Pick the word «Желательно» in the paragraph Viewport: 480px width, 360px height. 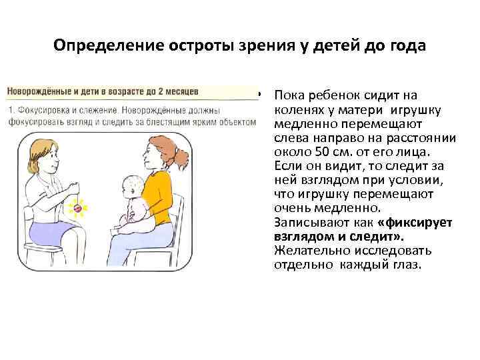pyautogui.click(x=312, y=251)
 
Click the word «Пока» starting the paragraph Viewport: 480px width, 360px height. pyautogui.click(x=289, y=95)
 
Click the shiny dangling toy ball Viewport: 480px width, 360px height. pyautogui.click(x=78, y=209)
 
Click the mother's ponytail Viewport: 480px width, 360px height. pyautogui.click(x=180, y=158)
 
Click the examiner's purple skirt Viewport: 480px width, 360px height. pyautogui.click(x=53, y=232)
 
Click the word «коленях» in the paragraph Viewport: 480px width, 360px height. pyautogui.click(x=299, y=109)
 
